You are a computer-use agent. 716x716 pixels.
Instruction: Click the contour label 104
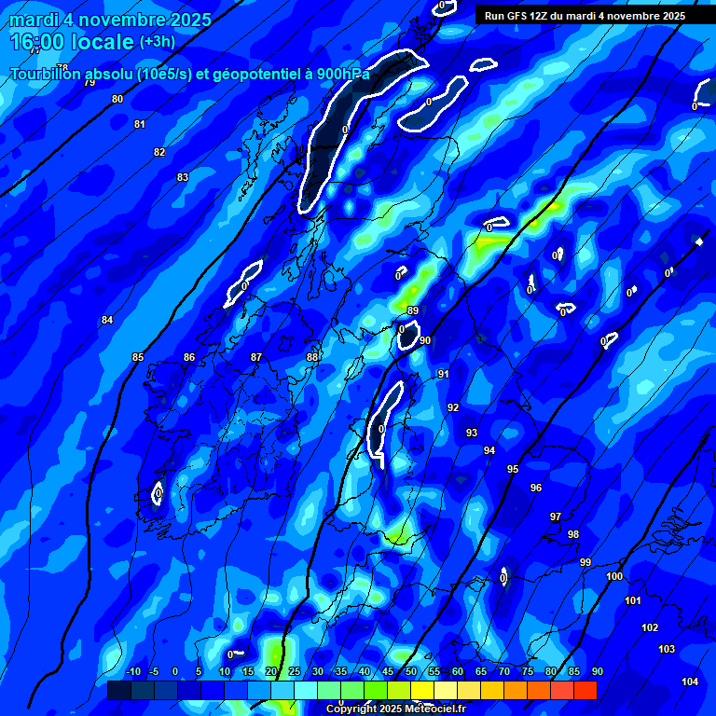[690, 682]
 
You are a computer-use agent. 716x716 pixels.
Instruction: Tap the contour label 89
[413, 310]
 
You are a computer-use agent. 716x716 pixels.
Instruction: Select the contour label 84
[107, 320]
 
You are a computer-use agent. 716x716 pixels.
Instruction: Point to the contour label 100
[614, 577]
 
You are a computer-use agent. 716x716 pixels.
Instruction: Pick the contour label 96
[536, 488]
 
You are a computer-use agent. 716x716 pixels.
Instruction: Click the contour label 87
[256, 357]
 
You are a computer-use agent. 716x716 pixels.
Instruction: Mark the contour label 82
[159, 152]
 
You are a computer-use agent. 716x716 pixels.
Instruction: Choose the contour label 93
[472, 433]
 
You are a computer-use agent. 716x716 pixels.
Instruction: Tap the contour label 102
[650, 627]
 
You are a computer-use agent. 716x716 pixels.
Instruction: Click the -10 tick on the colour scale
[132, 672]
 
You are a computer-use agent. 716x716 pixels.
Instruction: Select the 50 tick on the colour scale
[411, 672]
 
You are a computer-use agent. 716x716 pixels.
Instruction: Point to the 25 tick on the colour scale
[295, 672]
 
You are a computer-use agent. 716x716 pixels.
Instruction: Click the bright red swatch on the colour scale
[585, 690]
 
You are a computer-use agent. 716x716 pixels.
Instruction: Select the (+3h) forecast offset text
[157, 42]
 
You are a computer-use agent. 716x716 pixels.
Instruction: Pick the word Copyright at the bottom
[352, 709]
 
